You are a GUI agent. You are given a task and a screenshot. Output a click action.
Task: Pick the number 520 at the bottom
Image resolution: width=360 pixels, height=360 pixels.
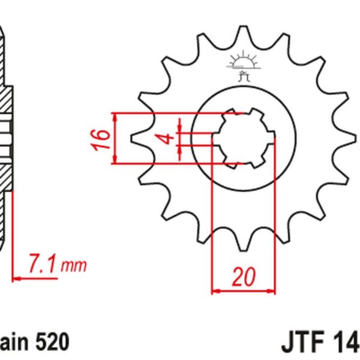tap(50, 343)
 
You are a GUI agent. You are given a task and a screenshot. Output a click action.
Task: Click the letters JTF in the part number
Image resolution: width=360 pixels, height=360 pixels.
tap(302, 343)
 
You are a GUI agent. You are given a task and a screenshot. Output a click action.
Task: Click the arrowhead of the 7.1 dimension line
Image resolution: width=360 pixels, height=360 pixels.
tap(16, 278)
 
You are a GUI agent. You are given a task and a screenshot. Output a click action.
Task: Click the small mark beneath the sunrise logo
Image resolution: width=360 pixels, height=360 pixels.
tap(243, 75)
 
